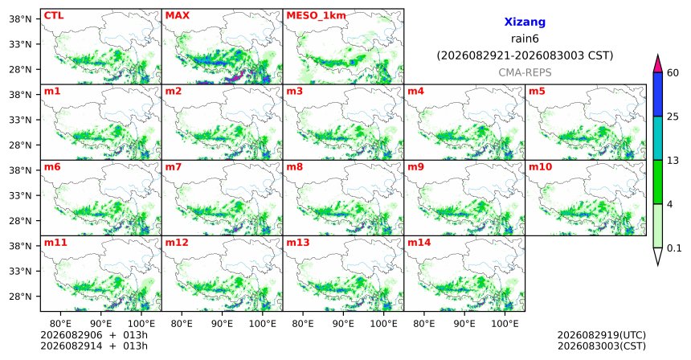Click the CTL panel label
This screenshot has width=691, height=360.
pyautogui.click(x=54, y=15)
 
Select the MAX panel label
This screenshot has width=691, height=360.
pyautogui.click(x=177, y=15)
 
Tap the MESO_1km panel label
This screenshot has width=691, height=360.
pyautogui.click(x=316, y=16)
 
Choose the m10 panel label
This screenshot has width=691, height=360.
pyautogui.click(x=540, y=167)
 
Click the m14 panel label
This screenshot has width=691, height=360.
pyautogui.click(x=419, y=243)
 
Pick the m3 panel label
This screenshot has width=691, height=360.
pyautogui.click(x=294, y=92)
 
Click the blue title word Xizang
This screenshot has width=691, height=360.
pyautogui.click(x=525, y=22)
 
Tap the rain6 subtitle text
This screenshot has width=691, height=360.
pyautogui.click(x=525, y=39)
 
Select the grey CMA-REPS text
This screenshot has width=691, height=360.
pyautogui.click(x=525, y=72)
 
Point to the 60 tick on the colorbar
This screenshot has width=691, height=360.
pyautogui.click(x=673, y=73)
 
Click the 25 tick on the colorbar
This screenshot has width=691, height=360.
pyautogui.click(x=673, y=117)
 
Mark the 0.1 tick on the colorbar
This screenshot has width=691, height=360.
pyautogui.click(x=674, y=248)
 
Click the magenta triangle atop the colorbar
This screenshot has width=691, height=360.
pyautogui.click(x=658, y=64)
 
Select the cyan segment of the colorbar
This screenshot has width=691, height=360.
pyautogui.click(x=658, y=138)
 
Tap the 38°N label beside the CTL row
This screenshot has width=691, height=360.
pyautogui.click(x=21, y=19)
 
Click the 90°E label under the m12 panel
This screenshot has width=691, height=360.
pyautogui.click(x=222, y=325)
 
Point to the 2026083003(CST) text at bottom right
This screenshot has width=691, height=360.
pyautogui.click(x=602, y=346)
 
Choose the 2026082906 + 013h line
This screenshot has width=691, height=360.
pyautogui.click(x=94, y=335)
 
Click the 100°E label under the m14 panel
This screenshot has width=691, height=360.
pyautogui.click(x=505, y=325)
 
